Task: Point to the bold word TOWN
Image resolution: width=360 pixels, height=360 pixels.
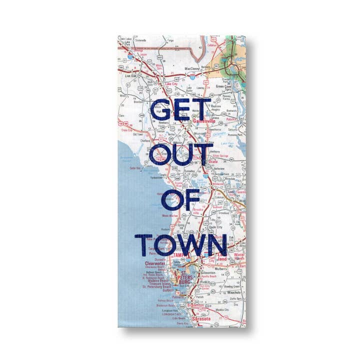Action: point(181,243)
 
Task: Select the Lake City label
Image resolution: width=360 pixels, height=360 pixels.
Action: point(171,84)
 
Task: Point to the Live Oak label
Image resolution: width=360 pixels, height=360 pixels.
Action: point(130,75)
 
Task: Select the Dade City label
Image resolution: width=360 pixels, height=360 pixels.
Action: point(215,226)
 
